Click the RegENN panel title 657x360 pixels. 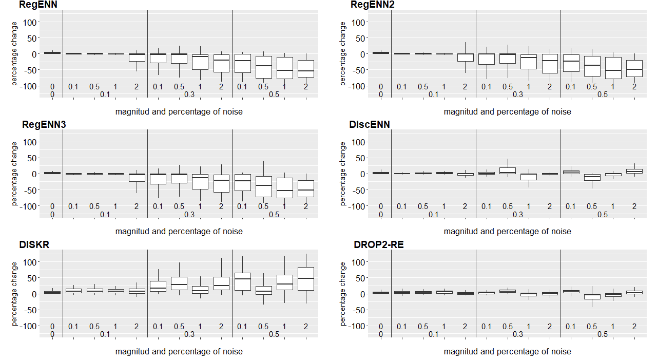38,5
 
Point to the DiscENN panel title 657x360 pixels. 369,125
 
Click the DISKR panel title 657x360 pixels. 34,245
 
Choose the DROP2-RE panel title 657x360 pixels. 378,245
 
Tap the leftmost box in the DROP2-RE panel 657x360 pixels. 381,292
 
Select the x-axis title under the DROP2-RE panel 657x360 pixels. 507,351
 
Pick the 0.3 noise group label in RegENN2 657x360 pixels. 518,94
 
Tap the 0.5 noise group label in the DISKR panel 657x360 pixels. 274,334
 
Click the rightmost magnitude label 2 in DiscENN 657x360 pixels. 634,206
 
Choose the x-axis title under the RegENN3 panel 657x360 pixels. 179,231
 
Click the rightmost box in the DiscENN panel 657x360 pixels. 634,171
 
